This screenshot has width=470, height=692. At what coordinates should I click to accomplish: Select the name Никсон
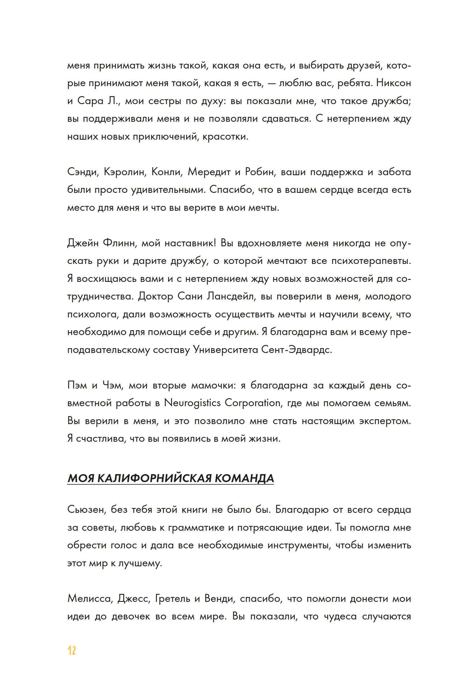coord(393,83)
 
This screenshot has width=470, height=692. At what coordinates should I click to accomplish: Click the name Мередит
coord(209,172)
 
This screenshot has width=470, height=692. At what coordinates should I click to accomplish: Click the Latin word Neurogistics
coord(192,403)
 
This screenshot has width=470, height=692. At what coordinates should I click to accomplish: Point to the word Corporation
coord(253,403)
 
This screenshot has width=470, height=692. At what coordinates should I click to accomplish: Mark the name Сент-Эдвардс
coord(296,350)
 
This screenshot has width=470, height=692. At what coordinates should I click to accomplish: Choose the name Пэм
coord(77,385)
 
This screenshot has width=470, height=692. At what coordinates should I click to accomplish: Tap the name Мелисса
coord(90,598)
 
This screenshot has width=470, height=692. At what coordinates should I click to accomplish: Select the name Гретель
coord(172,598)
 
